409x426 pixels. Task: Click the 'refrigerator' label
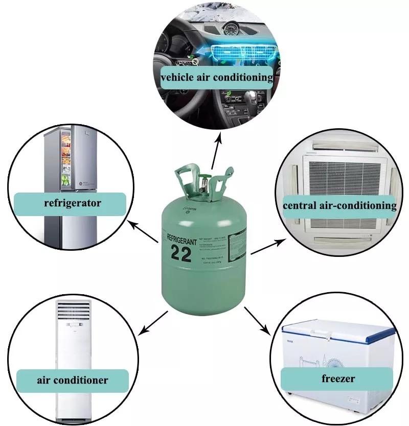pyautogui.click(x=73, y=203)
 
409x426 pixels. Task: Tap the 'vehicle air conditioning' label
pyautogui.click(x=217, y=78)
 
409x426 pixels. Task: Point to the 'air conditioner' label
pyautogui.click(x=72, y=380)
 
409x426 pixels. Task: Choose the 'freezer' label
pyautogui.click(x=338, y=379)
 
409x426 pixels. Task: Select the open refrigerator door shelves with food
pyautogui.click(x=66, y=158)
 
